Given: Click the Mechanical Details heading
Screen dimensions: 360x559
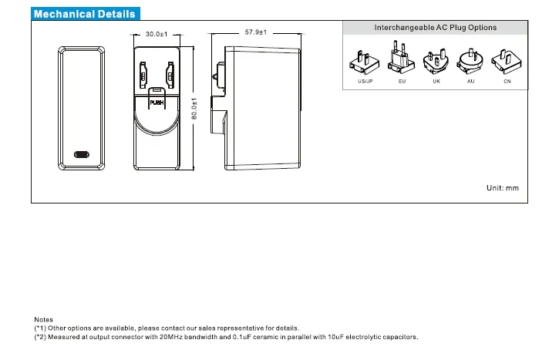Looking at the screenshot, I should tap(85, 14).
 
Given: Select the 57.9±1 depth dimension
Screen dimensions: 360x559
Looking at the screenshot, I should tap(255, 32).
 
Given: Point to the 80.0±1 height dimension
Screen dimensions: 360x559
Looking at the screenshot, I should tap(195, 108).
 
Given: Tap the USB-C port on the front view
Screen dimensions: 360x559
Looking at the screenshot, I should tap(81, 153).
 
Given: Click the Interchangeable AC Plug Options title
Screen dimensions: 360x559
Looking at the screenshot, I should tap(435, 28).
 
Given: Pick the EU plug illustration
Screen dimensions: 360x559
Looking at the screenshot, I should tap(401, 59).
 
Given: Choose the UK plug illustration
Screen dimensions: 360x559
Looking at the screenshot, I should tap(436, 60).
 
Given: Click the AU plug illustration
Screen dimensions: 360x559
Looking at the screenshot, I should tap(470, 60).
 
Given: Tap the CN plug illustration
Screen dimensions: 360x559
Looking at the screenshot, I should tap(507, 60).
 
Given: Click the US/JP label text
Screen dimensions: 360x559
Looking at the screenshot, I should tap(365, 81).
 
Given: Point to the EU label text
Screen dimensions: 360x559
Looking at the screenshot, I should tap(402, 81).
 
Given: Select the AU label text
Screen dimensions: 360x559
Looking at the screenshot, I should tap(470, 81).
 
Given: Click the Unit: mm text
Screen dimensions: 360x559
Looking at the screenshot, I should tap(503, 188).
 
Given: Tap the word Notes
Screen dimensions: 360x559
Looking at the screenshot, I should tap(44, 319).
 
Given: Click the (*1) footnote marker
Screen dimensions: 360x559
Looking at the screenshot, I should tap(40, 328).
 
